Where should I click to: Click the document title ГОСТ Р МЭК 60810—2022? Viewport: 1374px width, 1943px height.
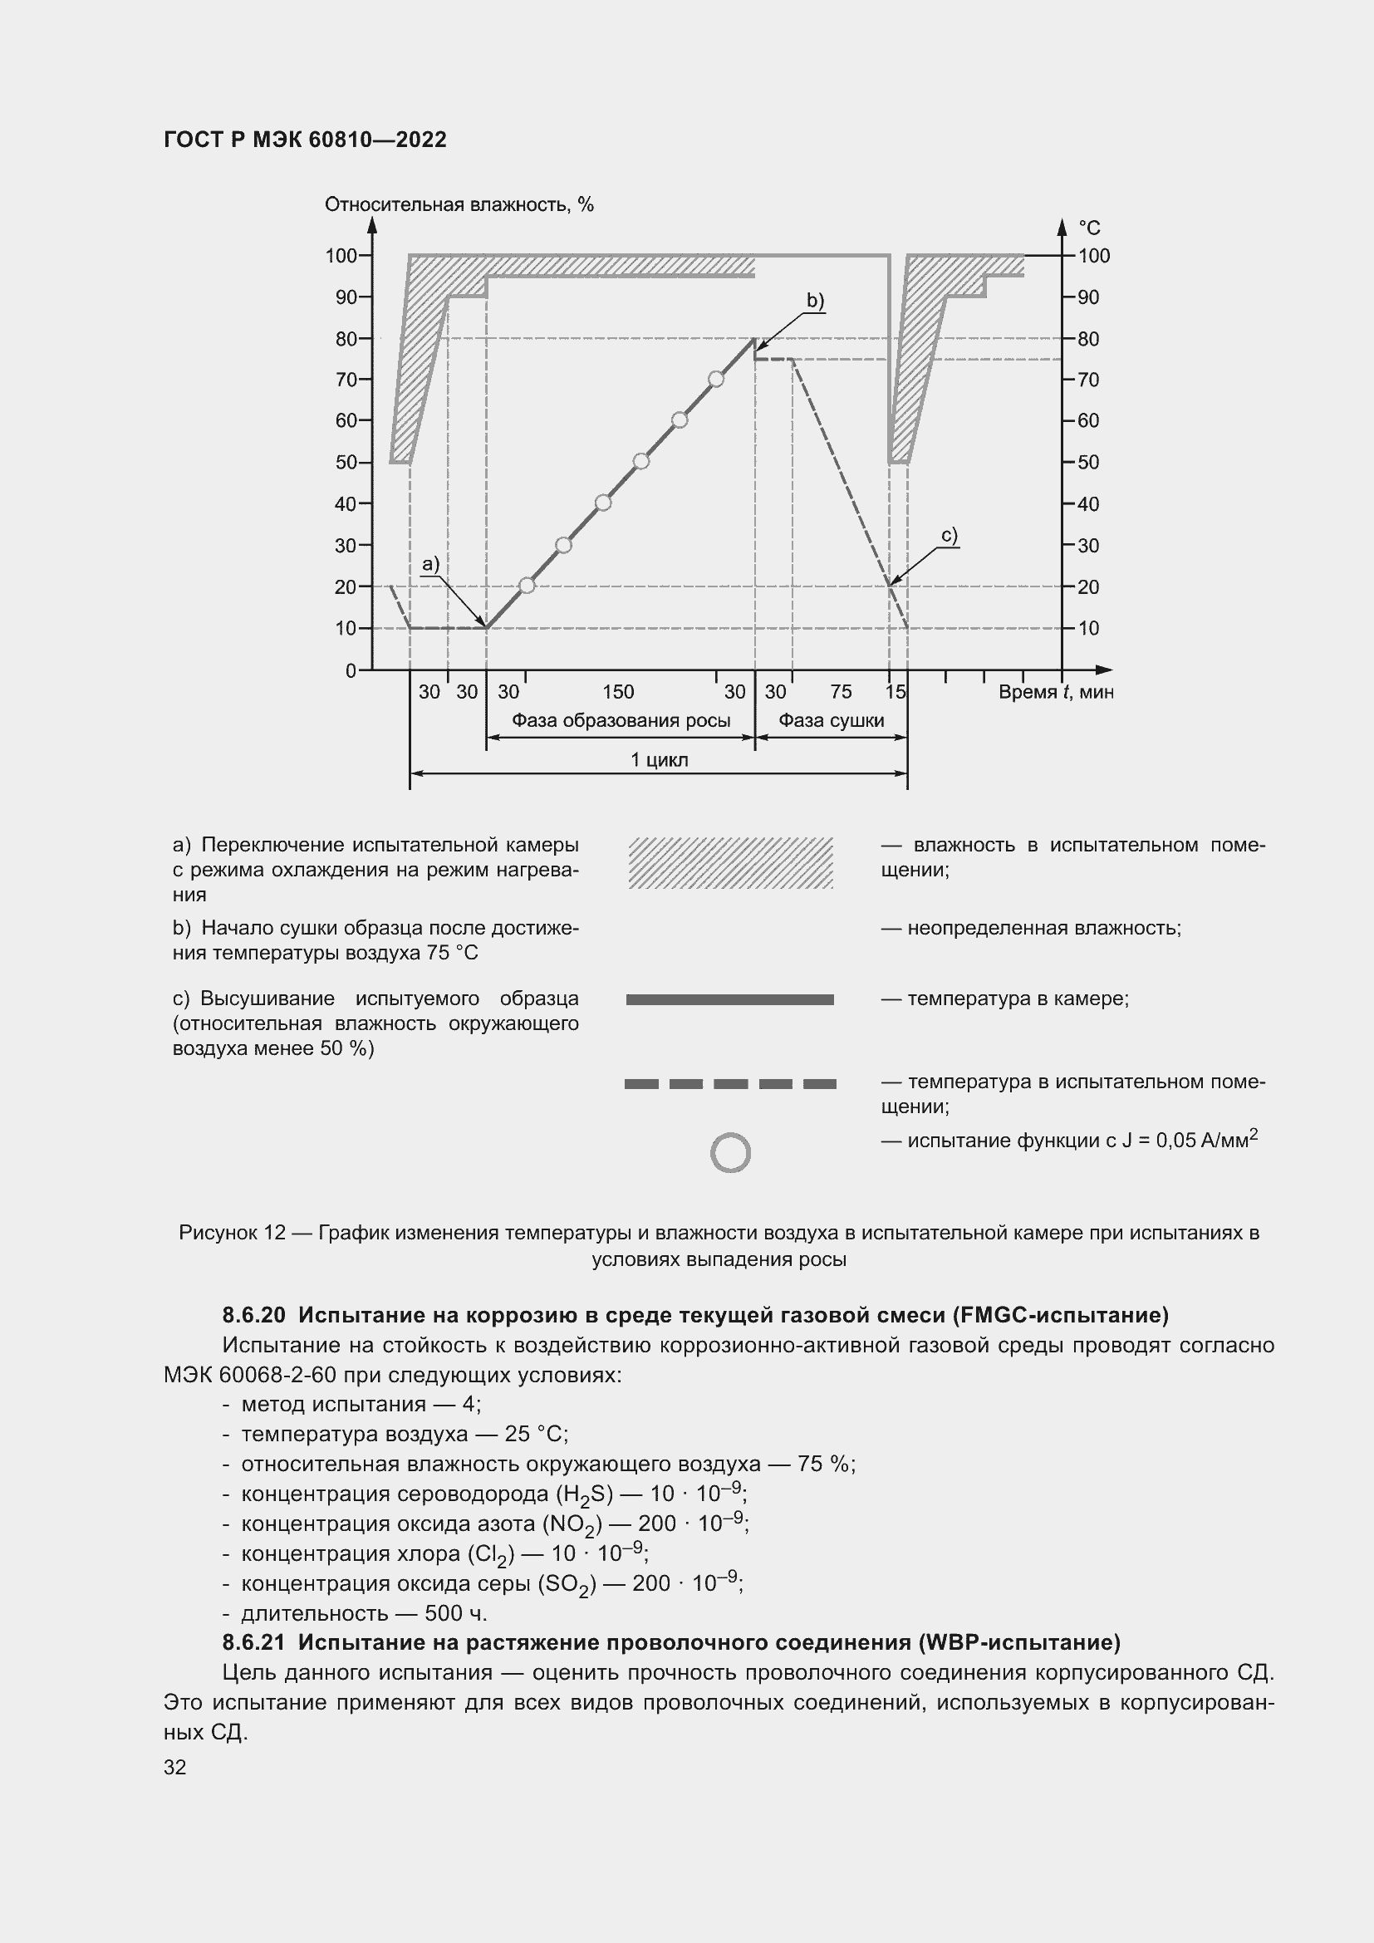tap(305, 140)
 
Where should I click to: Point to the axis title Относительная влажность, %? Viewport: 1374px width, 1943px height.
tap(459, 205)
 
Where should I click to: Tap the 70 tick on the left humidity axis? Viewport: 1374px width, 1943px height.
tap(346, 379)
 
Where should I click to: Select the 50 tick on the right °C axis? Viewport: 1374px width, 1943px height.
tap(1088, 462)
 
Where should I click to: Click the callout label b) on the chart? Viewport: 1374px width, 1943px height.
tap(815, 301)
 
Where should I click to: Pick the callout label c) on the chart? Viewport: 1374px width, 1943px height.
tap(950, 536)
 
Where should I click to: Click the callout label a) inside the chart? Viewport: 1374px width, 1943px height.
tap(430, 563)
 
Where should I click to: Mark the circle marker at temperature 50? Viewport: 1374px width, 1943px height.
tap(641, 461)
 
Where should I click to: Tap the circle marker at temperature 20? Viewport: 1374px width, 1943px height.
tap(526, 585)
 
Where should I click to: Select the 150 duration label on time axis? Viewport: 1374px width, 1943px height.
tap(617, 692)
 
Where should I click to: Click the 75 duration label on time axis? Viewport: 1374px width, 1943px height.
tap(840, 692)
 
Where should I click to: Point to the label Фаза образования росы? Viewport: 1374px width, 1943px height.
tap(621, 721)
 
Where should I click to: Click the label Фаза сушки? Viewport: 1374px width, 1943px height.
tap(831, 721)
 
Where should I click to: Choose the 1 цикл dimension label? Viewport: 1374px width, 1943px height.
tap(659, 760)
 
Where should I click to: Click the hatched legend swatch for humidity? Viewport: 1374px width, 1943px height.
tap(730, 862)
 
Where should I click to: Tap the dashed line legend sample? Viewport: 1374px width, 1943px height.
tap(730, 1083)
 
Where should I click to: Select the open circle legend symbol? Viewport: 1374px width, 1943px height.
tap(730, 1153)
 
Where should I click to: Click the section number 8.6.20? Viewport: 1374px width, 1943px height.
tap(254, 1315)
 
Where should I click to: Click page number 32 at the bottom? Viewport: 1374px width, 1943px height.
tap(174, 1767)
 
